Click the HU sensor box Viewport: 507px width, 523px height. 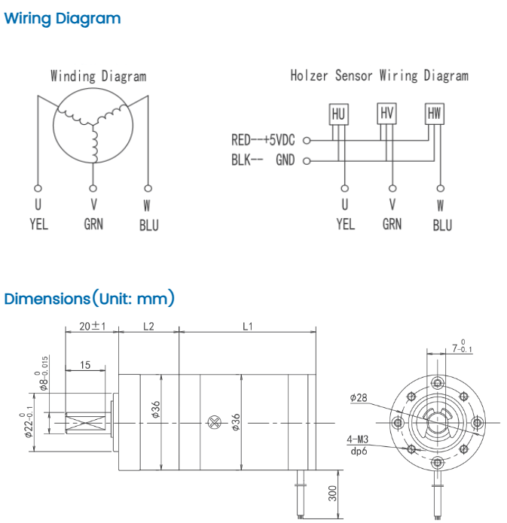click(x=339, y=114)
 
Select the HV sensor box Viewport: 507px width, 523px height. click(x=386, y=114)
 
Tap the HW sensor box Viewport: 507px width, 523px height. click(x=434, y=114)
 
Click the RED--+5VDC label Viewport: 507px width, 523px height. click(x=263, y=140)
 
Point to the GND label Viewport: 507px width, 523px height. click(x=286, y=160)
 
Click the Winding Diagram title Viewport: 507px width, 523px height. click(x=99, y=76)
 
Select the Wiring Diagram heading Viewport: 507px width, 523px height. click(x=63, y=18)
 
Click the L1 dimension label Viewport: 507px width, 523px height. click(x=248, y=326)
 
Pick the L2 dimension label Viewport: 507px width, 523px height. click(x=148, y=326)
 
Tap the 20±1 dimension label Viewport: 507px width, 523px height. click(x=93, y=326)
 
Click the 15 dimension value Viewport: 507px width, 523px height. click(x=85, y=365)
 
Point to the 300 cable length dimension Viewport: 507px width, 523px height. click(x=333, y=494)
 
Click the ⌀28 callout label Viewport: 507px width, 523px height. click(x=359, y=397)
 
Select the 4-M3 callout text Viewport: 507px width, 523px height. click(x=357, y=439)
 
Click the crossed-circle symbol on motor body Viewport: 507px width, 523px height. click(x=215, y=423)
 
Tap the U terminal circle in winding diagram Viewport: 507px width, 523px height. click(x=38, y=188)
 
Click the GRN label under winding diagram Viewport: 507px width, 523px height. click(x=93, y=223)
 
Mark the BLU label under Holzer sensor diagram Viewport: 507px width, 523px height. click(x=442, y=225)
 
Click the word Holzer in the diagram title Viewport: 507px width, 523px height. click(x=309, y=75)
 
